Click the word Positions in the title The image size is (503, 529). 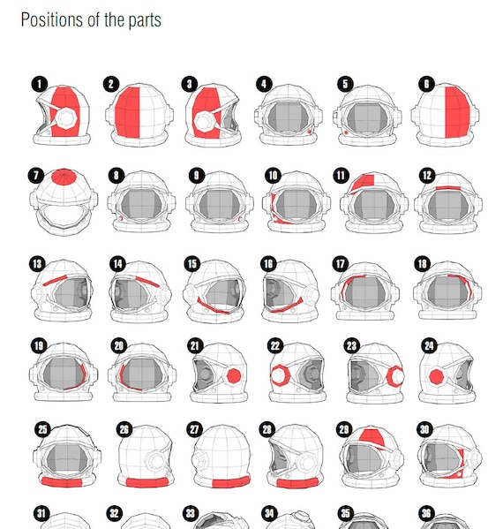(52, 20)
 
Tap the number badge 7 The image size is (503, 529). (36, 176)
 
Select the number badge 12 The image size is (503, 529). (427, 176)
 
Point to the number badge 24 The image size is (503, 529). (429, 346)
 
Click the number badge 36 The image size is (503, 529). (426, 513)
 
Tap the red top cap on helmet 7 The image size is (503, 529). (64, 178)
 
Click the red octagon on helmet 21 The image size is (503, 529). (234, 376)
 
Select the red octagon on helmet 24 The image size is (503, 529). (437, 376)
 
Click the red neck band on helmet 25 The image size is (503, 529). (62, 482)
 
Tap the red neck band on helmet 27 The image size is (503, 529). (231, 482)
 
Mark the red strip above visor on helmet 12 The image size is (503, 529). (448, 188)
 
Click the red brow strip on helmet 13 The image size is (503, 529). (55, 280)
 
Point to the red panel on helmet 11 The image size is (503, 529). (364, 182)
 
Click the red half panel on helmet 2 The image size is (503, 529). (127, 113)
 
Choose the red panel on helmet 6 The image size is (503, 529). (457, 112)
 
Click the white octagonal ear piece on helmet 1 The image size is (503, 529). (66, 118)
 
